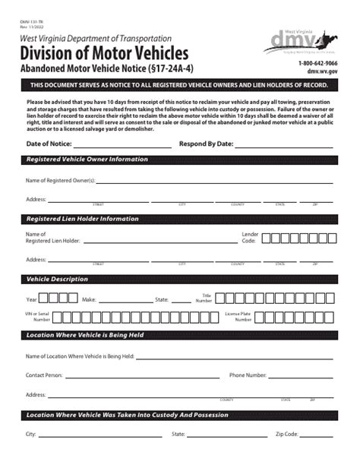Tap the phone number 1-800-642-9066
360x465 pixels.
tap(318, 63)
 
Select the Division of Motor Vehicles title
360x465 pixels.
tap(104, 52)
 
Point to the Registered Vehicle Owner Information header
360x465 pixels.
tap(87, 160)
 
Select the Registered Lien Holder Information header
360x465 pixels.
tap(83, 219)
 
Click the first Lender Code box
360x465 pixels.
tap(267, 238)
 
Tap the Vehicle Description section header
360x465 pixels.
tap(58, 279)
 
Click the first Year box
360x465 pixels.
tap(43, 299)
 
